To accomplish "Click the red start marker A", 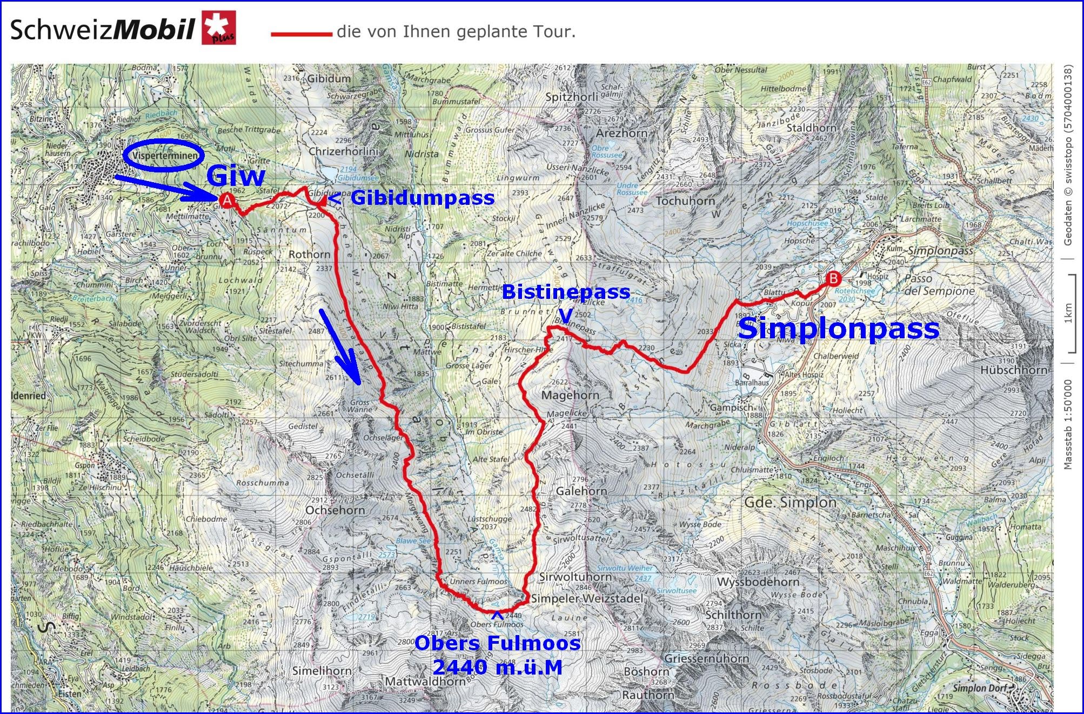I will [228, 201].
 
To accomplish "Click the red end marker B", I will [834, 278].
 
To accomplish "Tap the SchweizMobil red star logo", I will [219, 29].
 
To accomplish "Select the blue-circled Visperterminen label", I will [163, 156].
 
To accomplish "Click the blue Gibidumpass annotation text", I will [423, 198].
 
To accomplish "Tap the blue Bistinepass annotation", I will [566, 292].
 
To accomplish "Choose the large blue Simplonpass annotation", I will [838, 329].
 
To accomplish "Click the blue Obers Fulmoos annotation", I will [497, 643].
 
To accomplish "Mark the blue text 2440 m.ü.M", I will [497, 668].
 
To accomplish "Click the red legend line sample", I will [301, 34].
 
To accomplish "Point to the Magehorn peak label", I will [570, 395].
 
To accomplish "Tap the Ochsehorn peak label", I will [335, 510].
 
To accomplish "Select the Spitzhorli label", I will [572, 97].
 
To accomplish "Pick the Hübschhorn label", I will [1014, 370].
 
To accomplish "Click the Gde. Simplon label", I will [790, 502].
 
